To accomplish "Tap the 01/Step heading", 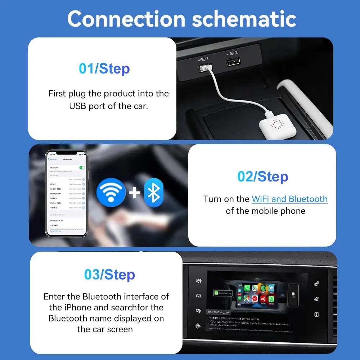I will (x=104, y=68).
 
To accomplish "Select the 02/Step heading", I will (x=263, y=176).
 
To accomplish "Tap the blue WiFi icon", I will (x=111, y=193).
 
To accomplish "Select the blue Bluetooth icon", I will (x=154, y=193).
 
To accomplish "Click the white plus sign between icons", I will (x=134, y=193).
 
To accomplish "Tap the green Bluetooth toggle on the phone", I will (x=82, y=167).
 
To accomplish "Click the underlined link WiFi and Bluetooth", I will (x=289, y=199).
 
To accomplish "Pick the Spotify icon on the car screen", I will (x=263, y=288).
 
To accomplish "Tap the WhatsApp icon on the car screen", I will (x=271, y=299).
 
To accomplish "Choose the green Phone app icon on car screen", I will (x=247, y=288).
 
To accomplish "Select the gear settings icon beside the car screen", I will (x=316, y=284).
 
